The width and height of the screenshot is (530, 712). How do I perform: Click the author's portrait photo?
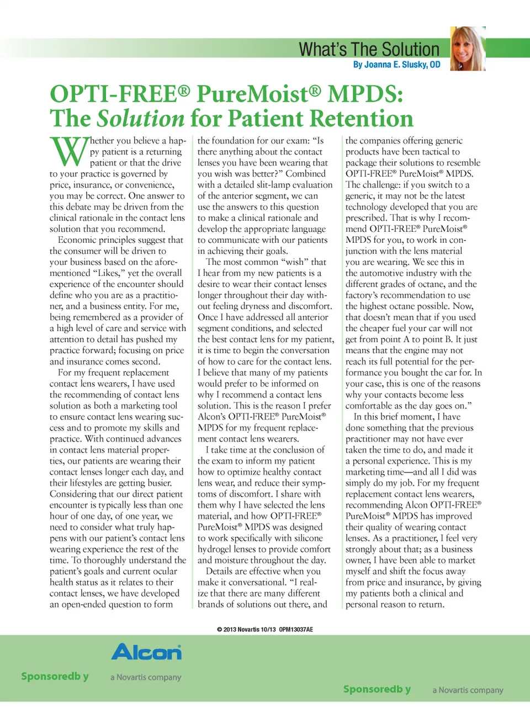point(468,49)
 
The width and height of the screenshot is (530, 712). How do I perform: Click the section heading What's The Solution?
point(369,50)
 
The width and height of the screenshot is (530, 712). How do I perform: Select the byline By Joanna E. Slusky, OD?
point(396,65)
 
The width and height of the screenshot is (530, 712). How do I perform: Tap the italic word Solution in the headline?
point(140,119)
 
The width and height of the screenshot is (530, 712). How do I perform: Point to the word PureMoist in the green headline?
point(258,94)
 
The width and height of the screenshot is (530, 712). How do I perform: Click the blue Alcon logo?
point(146,652)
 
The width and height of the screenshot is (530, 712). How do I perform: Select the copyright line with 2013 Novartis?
point(264,629)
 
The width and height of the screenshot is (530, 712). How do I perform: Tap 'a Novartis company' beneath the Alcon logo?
point(146,677)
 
